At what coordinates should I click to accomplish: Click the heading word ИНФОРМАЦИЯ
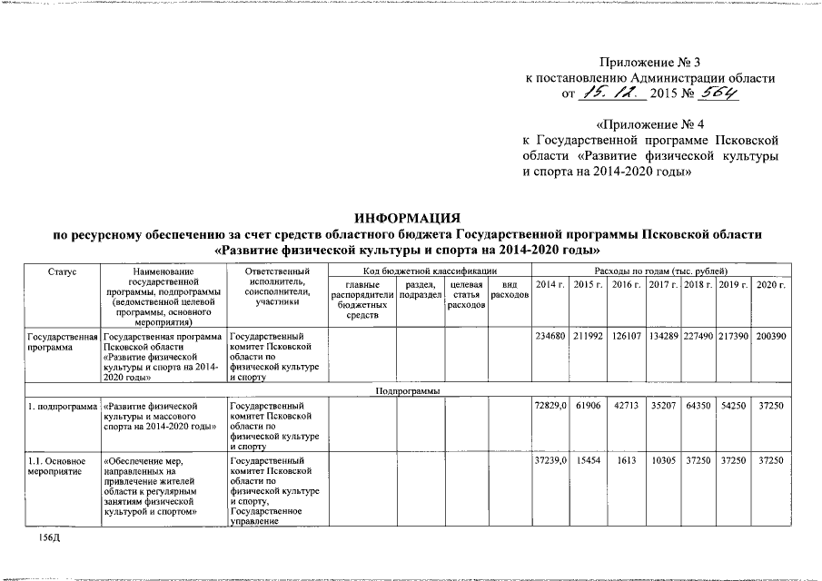(408, 218)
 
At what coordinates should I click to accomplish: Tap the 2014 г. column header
(550, 285)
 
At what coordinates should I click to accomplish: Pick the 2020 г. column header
(769, 285)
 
